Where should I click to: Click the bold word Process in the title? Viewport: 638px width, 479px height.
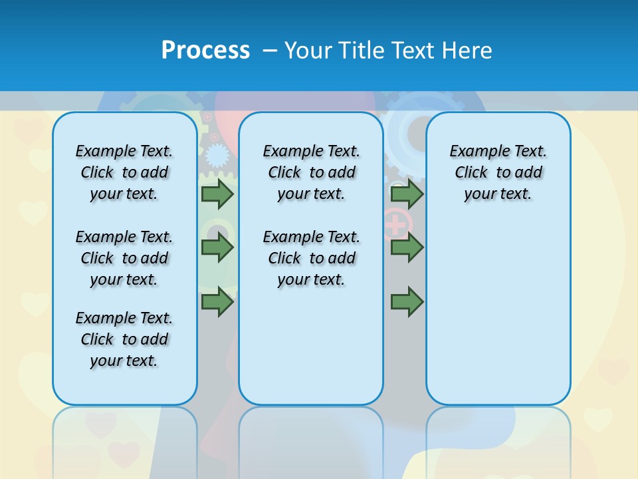click(205, 51)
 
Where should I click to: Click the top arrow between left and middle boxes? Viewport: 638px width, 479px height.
click(217, 194)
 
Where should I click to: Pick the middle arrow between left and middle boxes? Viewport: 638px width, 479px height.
click(217, 247)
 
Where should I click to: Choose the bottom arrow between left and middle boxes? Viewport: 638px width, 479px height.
click(217, 301)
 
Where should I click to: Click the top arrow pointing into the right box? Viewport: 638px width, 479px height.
click(407, 194)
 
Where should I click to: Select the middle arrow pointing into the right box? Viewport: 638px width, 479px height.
click(407, 247)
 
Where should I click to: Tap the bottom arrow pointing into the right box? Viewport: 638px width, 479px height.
click(407, 301)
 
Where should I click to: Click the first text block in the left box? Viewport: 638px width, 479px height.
click(124, 172)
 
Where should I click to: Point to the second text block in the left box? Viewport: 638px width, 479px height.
click(124, 258)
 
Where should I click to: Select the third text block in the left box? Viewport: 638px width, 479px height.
click(124, 339)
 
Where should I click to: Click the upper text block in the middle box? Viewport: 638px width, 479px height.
click(311, 172)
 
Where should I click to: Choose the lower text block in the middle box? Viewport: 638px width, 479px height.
click(311, 258)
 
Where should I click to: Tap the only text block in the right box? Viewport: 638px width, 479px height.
click(498, 172)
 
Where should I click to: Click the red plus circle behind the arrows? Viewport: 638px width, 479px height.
click(397, 224)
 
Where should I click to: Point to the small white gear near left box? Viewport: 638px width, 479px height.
click(216, 156)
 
